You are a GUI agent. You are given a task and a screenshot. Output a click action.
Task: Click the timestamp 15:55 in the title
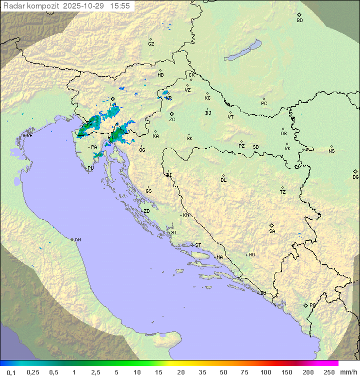pyautogui.click(x=119, y=6)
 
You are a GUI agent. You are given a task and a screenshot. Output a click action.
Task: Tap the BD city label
pyautogui.click(x=299, y=20)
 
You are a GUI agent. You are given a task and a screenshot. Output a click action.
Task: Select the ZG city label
pyautogui.click(x=172, y=120)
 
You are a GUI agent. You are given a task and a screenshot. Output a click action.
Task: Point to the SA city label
pyautogui.click(x=272, y=231)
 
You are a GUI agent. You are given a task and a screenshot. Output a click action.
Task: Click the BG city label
pyautogui.click(x=355, y=177)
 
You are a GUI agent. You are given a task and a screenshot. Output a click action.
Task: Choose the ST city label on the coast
pyautogui.click(x=198, y=245)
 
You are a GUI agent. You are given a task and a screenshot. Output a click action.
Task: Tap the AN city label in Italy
pyautogui.click(x=77, y=240)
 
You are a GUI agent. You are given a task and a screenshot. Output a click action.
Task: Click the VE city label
pyautogui.click(x=29, y=135)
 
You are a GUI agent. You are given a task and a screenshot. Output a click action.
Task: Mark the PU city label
pyautogui.click(x=90, y=168)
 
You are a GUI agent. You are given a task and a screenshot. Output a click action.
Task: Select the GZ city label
pyautogui.click(x=151, y=44)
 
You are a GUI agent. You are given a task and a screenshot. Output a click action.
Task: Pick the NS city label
pyautogui.click(x=331, y=151)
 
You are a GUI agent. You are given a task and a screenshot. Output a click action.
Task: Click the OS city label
pyautogui.click(x=283, y=134)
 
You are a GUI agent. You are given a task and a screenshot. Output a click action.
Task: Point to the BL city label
pyautogui.click(x=223, y=180)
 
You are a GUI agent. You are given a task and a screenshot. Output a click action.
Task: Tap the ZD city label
pyautogui.click(x=146, y=211)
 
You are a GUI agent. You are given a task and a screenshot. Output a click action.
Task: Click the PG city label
pyautogui.click(x=312, y=305)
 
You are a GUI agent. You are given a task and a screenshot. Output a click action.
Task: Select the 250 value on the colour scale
pyautogui.click(x=329, y=372)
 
